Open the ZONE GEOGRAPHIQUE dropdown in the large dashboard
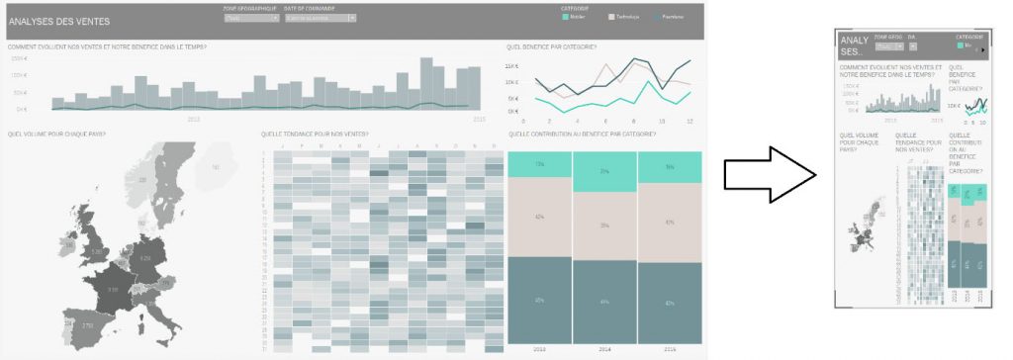click(251, 18)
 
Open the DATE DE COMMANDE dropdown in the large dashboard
click(320, 18)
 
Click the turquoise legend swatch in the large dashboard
click(564, 17)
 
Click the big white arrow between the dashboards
click(768, 177)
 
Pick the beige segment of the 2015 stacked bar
click(669, 222)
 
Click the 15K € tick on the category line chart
click(511, 66)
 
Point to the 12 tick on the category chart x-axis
click(689, 120)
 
